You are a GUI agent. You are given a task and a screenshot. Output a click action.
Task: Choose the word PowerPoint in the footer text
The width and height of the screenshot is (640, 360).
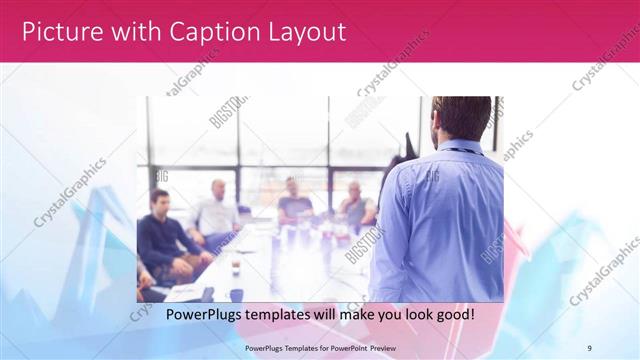(352, 347)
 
